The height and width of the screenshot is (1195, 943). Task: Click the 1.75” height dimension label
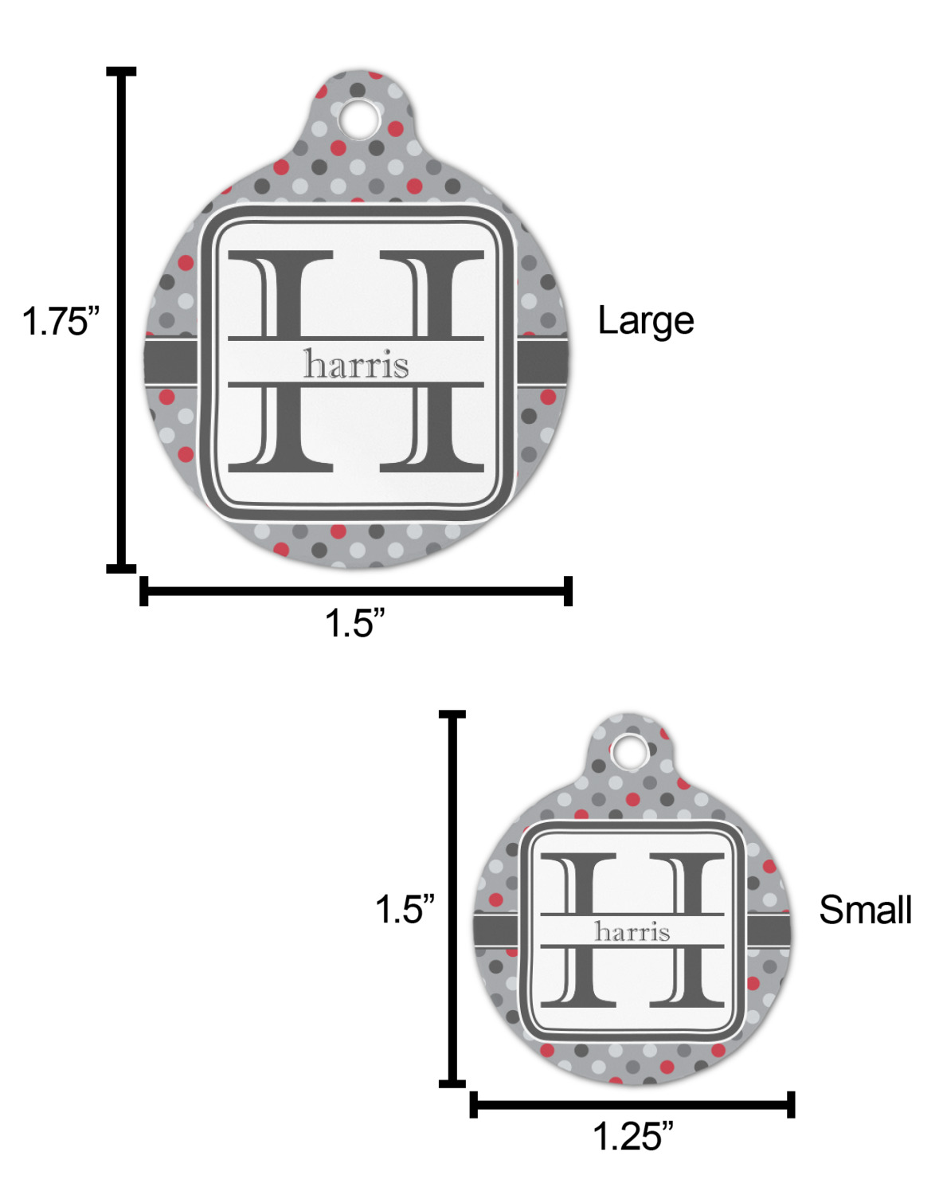click(x=60, y=321)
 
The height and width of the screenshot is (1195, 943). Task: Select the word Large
click(x=645, y=322)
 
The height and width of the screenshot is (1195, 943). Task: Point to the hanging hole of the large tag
click(x=360, y=118)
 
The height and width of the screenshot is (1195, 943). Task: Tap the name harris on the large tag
click(x=356, y=364)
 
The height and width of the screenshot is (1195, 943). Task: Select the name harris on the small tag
click(x=632, y=931)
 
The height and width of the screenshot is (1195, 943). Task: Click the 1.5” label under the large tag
click(x=354, y=622)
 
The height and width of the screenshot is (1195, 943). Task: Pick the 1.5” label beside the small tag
click(x=405, y=910)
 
